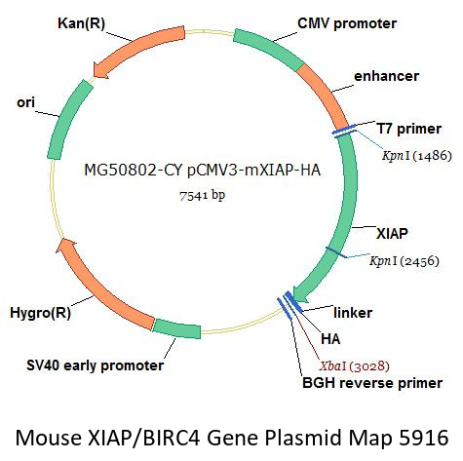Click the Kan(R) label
tap(81, 23)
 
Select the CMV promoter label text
tap(347, 23)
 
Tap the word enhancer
tap(386, 76)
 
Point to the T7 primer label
tap(408, 129)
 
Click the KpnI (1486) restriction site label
tap(417, 156)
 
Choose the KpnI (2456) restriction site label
tap(405, 260)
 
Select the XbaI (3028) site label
tap(354, 366)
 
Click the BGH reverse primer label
tap(372, 383)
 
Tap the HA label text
tap(330, 339)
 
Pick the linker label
tap(353, 313)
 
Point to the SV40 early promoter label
tap(95, 365)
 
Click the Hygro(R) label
tap(40, 313)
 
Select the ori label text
tap(25, 102)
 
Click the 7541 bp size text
tap(202, 195)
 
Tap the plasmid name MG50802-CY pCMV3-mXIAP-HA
tap(202, 170)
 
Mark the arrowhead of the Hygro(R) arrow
tap(66, 245)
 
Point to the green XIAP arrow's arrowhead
tap(300, 292)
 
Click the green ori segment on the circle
tap(68, 120)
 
